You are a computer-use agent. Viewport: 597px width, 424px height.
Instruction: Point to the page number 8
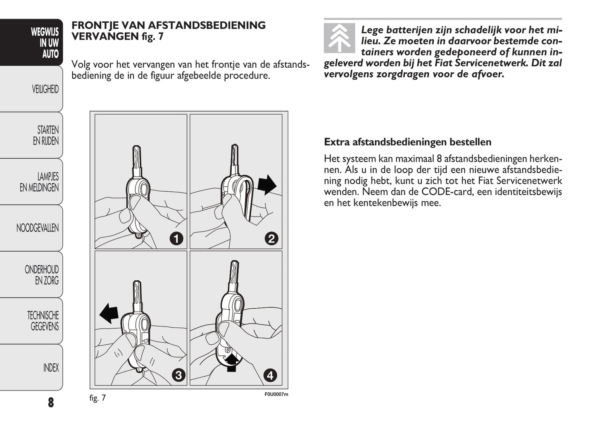click(51, 402)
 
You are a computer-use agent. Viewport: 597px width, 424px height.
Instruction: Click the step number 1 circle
click(176, 238)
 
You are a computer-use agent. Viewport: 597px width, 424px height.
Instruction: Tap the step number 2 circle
click(271, 238)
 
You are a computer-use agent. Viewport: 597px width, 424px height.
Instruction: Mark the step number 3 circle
click(178, 375)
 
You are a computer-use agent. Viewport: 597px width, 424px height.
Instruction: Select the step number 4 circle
click(270, 375)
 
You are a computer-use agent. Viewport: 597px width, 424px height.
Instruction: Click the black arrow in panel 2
click(266, 184)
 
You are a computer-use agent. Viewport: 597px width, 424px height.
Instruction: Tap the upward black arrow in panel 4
click(232, 362)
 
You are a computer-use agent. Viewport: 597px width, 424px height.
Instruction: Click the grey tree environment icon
click(339, 38)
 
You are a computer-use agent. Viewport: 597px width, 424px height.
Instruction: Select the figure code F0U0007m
click(276, 394)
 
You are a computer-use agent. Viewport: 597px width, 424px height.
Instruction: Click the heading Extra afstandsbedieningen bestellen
click(407, 142)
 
